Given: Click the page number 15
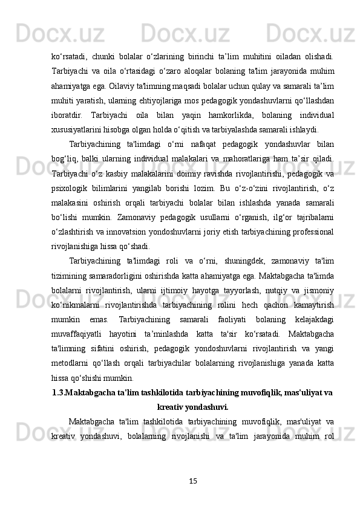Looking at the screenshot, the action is tap(193, 481).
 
